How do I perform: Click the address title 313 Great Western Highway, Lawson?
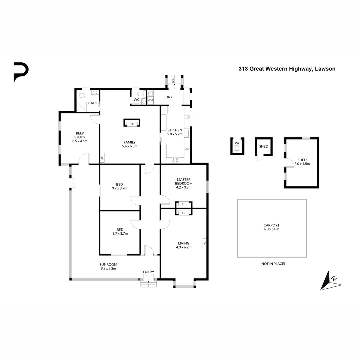(x=287, y=69)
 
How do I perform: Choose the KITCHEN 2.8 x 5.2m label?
(x=175, y=132)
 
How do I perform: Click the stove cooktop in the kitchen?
(x=175, y=160)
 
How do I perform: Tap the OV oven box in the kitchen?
(x=187, y=150)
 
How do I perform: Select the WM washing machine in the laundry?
(x=150, y=100)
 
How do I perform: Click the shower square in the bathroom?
(x=82, y=107)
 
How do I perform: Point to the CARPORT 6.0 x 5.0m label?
(x=271, y=227)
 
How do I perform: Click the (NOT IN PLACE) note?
(x=272, y=264)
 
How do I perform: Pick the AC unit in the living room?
(x=205, y=244)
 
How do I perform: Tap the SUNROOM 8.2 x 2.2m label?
(x=109, y=266)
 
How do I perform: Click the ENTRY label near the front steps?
(x=149, y=272)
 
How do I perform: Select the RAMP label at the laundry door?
(x=173, y=80)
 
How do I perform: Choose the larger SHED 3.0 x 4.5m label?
(x=302, y=162)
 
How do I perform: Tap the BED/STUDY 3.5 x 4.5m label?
(x=80, y=137)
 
